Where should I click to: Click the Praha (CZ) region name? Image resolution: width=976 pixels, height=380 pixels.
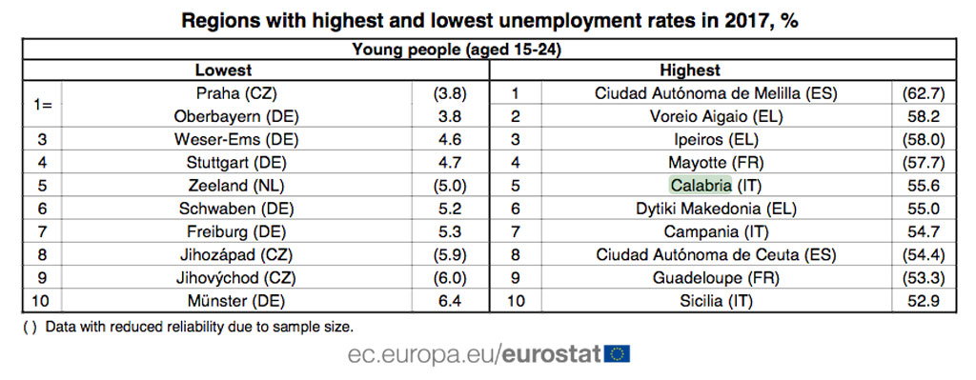click(236, 93)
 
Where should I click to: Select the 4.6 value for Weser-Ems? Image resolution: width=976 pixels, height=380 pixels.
click(450, 139)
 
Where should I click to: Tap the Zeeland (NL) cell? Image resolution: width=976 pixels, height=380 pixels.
click(236, 186)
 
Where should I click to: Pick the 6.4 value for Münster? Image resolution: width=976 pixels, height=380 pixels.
click(450, 301)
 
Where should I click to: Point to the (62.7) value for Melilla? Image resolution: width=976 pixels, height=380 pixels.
click(923, 94)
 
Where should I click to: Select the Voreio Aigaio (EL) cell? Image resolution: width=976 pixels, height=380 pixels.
click(716, 116)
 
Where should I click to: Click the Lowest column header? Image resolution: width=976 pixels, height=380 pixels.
click(223, 70)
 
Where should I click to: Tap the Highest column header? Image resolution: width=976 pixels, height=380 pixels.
click(690, 70)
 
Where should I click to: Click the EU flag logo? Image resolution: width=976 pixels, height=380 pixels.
click(618, 354)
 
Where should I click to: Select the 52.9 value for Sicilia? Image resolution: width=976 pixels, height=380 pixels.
click(923, 301)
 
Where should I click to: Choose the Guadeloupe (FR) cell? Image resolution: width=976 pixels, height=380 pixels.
click(716, 277)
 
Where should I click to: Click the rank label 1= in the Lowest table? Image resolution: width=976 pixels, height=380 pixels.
click(43, 105)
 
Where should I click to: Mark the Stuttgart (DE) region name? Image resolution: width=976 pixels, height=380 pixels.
click(236, 162)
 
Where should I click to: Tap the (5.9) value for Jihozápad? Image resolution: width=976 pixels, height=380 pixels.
click(450, 254)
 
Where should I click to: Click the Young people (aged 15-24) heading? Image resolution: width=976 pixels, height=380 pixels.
click(457, 50)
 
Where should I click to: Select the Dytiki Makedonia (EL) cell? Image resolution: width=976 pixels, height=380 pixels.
click(716, 209)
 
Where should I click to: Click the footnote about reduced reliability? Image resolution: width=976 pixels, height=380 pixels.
click(192, 326)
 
